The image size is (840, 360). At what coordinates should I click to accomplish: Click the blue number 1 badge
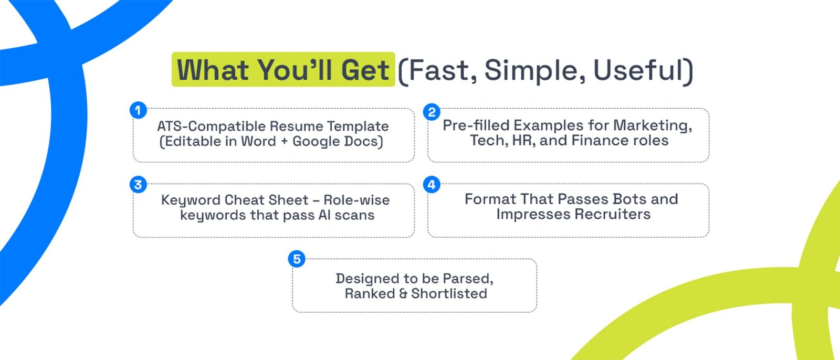(139, 110)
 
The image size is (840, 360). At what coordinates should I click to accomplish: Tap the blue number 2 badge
(432, 112)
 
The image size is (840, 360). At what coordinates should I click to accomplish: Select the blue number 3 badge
(139, 185)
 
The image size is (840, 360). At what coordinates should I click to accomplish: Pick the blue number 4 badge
(432, 185)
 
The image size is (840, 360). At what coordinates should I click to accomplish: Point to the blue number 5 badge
(297, 259)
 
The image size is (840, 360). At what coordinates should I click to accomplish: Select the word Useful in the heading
(638, 70)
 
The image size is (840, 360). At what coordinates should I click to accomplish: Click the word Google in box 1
(317, 142)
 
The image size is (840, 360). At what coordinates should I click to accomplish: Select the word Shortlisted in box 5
(449, 294)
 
